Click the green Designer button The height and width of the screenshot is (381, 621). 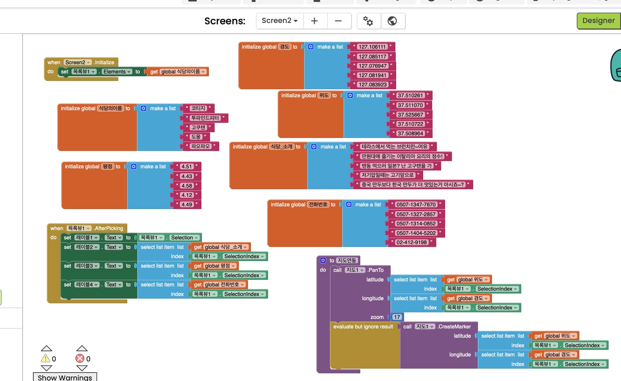coord(598,21)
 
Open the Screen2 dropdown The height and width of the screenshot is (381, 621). coord(279,21)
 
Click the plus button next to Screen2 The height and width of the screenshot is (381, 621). coord(314,21)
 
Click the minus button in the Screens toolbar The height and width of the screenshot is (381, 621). coord(338,21)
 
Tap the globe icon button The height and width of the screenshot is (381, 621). coord(392,21)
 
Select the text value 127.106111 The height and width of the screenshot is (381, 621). coord(372,47)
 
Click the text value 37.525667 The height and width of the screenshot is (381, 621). coord(410,115)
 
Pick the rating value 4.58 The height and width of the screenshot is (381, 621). coord(187,186)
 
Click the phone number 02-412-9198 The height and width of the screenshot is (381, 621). coord(412,242)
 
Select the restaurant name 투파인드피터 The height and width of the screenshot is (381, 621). coord(205,118)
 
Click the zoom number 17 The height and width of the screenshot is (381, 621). coord(397,317)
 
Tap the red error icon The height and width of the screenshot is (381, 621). coord(80,358)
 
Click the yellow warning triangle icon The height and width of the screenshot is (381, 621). coord(45,358)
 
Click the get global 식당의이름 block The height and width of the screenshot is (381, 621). coord(178,72)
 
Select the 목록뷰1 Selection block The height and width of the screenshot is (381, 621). coord(169,238)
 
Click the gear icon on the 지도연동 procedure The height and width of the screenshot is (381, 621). coord(323,260)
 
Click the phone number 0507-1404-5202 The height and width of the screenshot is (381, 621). coord(416,233)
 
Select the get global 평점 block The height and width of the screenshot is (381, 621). coord(214,266)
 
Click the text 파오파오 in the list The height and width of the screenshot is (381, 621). coord(201,146)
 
